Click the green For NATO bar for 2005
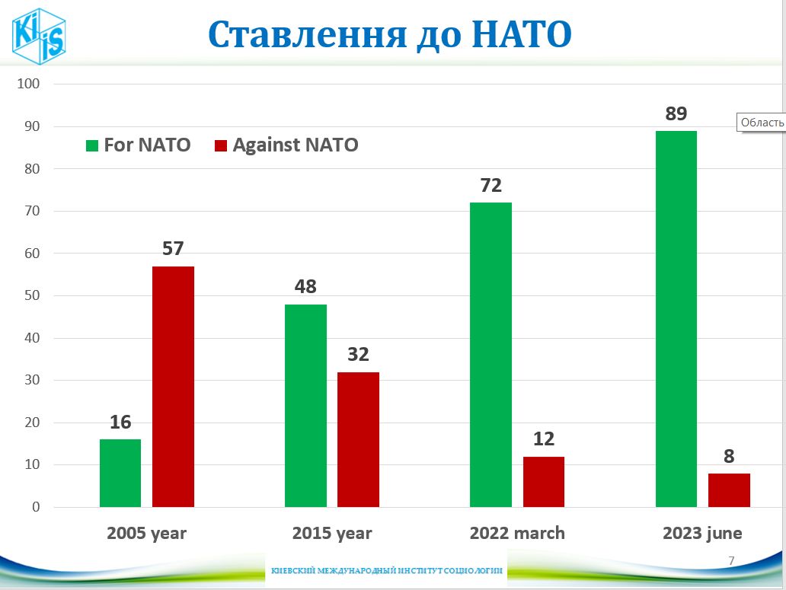point(120,473)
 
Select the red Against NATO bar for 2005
point(173,387)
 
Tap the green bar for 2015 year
point(305,406)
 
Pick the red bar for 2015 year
point(358,439)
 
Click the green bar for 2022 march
point(490,355)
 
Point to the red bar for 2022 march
point(544,482)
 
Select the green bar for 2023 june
point(676,319)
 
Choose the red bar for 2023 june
point(729,490)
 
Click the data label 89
point(676,114)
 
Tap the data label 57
point(173,249)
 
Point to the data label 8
point(729,457)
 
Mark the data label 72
point(491,186)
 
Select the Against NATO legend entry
point(286,145)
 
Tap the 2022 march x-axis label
point(517,533)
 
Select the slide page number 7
point(731,561)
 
